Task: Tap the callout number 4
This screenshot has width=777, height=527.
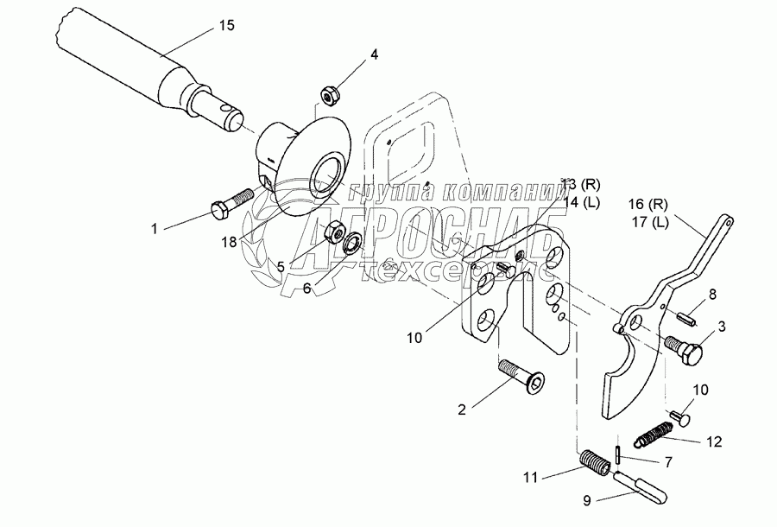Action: tap(374, 54)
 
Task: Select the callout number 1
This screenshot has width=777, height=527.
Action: tap(155, 229)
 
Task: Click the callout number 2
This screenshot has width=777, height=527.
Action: tap(463, 409)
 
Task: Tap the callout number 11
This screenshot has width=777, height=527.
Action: tap(530, 476)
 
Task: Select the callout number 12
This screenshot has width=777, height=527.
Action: tap(713, 441)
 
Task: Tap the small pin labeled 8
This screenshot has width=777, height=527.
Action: tap(686, 317)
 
